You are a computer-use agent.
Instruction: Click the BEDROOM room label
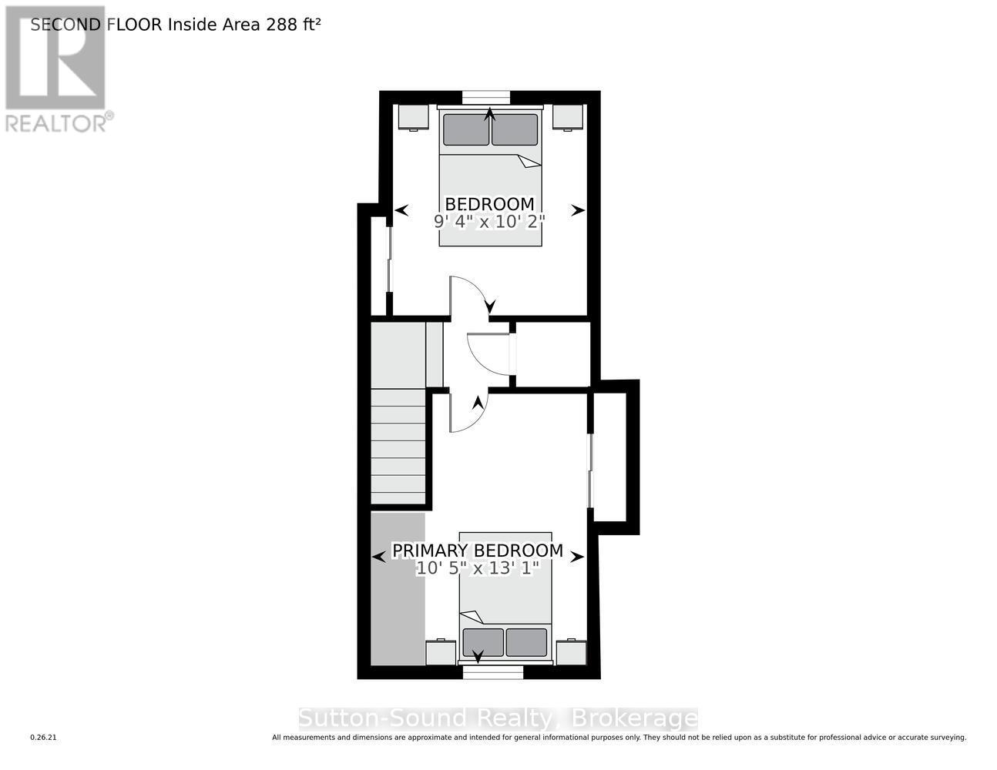[x=489, y=204]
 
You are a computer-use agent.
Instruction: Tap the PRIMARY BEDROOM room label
[x=478, y=551]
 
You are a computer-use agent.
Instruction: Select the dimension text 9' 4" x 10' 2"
[x=489, y=222]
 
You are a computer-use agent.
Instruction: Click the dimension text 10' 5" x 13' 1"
[x=478, y=569]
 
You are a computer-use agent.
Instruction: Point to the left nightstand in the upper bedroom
[x=413, y=117]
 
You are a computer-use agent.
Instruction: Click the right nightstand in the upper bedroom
[x=568, y=117]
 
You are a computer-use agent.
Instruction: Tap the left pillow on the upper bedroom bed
[x=465, y=129]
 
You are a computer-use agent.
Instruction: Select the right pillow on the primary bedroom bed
[x=526, y=642]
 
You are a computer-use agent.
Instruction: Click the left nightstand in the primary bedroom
[x=441, y=652]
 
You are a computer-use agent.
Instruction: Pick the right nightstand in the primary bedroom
[x=571, y=652]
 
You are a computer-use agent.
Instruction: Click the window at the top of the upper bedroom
[x=486, y=97]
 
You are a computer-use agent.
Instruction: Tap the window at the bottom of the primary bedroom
[x=493, y=672]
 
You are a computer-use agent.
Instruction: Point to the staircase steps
[x=398, y=447]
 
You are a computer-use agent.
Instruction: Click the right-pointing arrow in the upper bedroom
[x=578, y=210]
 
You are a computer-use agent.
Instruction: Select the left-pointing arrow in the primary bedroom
[x=378, y=557]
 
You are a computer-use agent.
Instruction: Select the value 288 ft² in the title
[x=293, y=25]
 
